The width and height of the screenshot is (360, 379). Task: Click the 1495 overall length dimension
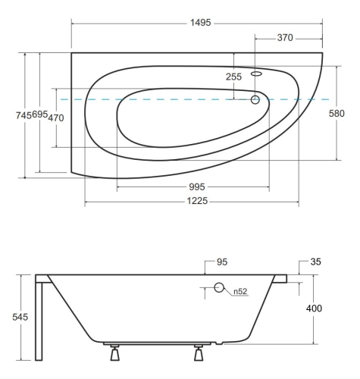pos(200,23)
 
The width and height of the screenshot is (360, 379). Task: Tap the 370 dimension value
pos(285,38)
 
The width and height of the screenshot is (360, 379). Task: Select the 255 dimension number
pos(233,77)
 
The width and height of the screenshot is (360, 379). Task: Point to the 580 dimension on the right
pos(337,114)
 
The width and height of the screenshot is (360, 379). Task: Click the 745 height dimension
pos(23,115)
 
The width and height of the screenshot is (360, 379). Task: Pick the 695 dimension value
pos(40,114)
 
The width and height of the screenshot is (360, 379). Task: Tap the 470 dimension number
pos(56,117)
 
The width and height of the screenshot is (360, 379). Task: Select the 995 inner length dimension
pos(197,187)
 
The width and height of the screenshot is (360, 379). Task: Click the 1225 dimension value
pos(197,201)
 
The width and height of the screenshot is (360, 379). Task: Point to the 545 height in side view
pos(20,317)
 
